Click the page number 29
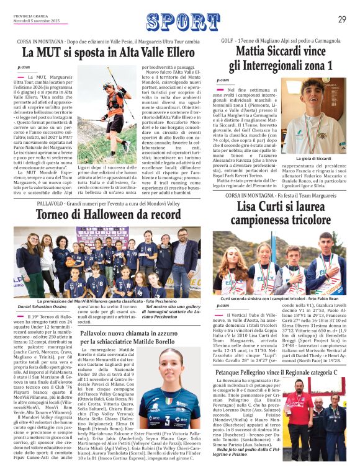[341, 19]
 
